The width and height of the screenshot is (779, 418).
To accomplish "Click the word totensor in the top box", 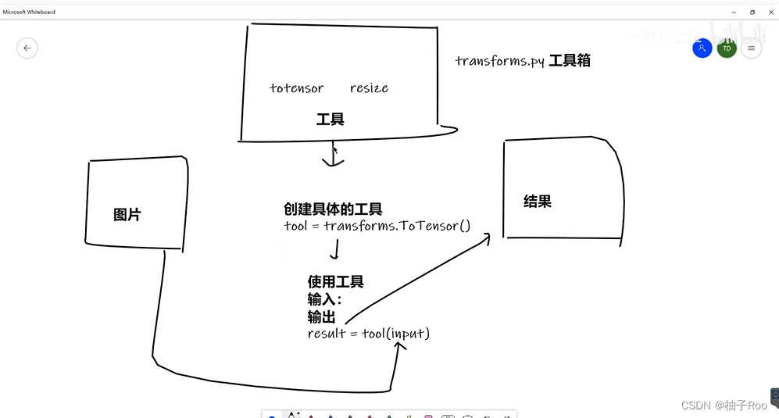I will point(296,88).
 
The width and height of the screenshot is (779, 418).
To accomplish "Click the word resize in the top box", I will point(369,88).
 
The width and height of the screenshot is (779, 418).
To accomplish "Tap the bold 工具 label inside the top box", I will point(330,120).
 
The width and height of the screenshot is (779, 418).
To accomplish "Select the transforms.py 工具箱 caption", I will point(523,61).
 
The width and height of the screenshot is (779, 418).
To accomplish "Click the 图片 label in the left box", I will point(127,215).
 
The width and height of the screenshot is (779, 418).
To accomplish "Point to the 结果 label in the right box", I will point(538,202).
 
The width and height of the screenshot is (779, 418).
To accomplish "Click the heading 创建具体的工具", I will point(333,209).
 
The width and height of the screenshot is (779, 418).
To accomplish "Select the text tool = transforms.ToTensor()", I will point(377,227).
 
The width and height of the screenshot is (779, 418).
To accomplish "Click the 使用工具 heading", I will point(336,282).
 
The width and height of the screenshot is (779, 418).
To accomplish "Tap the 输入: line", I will point(324,299).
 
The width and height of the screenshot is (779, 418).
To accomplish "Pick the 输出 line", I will point(321,316).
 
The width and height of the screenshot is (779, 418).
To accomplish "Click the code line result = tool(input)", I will point(369,334).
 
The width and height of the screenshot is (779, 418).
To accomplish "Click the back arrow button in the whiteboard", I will point(27,48).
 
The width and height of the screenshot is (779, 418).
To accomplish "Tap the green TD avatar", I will point(727,48).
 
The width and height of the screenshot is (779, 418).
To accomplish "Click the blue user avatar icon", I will point(702,48).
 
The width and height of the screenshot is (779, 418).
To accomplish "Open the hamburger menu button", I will point(751,48).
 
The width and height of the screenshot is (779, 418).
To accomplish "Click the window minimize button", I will point(734,12).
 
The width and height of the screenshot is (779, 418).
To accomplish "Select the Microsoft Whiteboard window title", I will point(29,12).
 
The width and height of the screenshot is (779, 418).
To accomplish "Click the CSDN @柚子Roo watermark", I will point(724,405).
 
